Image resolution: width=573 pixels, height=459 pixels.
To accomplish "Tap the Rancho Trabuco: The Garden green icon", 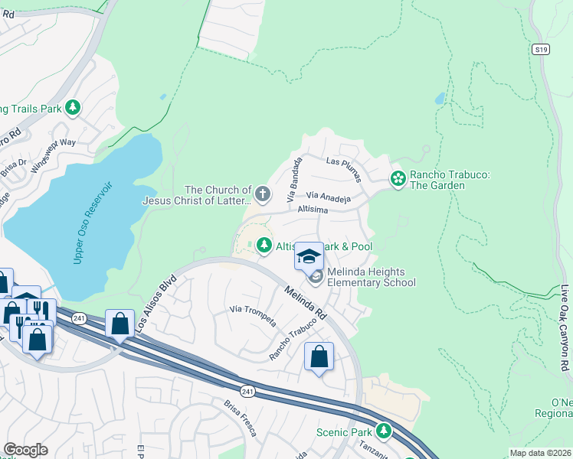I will (398, 179).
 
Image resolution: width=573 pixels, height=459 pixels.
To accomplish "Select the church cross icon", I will (263, 194).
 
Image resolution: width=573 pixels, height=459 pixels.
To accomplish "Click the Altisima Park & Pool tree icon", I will (264, 245).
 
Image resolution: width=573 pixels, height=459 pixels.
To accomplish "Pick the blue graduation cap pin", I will (309, 256).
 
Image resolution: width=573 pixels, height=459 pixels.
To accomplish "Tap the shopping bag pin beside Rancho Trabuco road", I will (319, 356).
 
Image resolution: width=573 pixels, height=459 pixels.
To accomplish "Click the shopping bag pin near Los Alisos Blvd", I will (120, 324).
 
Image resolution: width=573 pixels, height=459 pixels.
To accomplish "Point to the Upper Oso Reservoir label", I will (94, 223).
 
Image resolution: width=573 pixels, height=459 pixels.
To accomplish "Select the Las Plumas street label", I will (342, 161).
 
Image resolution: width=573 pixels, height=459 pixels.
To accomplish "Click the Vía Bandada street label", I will (295, 180).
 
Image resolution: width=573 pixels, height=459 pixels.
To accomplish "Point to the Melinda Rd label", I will (306, 303).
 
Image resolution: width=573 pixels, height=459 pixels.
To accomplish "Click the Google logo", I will (26, 450).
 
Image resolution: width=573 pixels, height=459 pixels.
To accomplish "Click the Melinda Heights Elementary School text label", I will (371, 276).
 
